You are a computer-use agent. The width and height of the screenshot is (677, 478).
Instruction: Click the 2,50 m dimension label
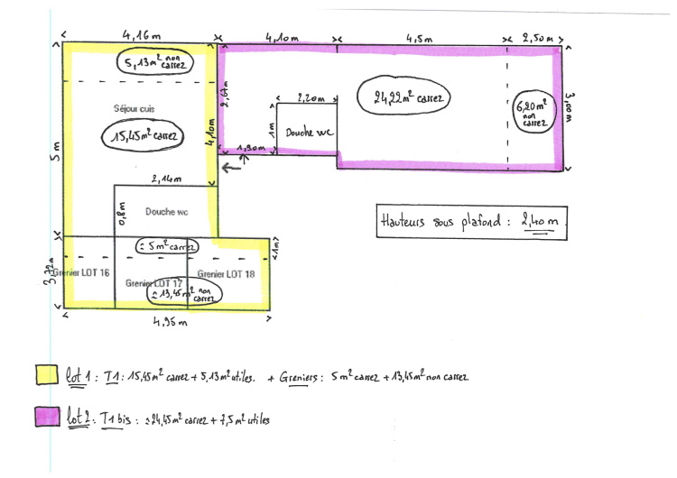coord(537,39)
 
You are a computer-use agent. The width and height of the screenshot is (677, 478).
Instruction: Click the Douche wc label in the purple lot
coord(310,133)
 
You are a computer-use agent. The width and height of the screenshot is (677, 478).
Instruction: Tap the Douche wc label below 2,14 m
coord(165,213)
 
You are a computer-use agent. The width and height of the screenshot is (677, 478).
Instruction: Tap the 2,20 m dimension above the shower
coord(310,97)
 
